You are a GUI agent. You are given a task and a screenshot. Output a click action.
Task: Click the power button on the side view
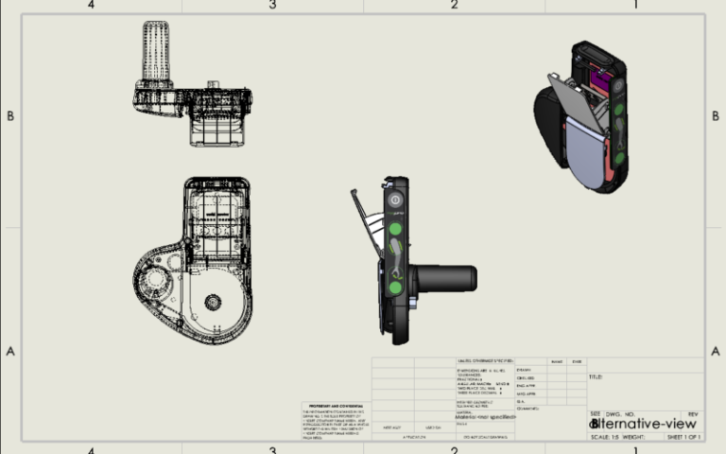coord(395,201)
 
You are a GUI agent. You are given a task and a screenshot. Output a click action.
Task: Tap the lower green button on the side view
coord(394,287)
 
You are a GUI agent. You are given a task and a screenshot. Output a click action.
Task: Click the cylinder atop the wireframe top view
coord(155,51)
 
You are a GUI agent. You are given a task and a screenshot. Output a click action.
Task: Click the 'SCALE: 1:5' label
coord(605,438)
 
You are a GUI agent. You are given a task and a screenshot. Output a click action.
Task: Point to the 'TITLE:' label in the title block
coord(596,376)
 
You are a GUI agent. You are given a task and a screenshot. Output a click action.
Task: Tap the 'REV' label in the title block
coord(693,414)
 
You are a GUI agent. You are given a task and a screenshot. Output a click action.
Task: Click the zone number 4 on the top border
coord(91,5)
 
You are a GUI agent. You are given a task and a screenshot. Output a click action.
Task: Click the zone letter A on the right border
coord(716,350)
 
